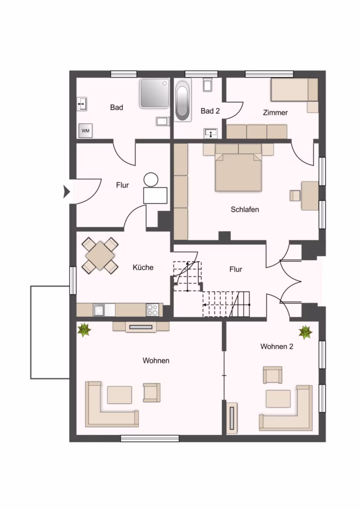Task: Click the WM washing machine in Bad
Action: tap(85, 131)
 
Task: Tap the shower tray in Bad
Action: tap(155, 93)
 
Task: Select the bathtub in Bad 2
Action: tap(183, 100)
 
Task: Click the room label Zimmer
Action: tap(275, 113)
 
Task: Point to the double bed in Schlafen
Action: tap(238, 167)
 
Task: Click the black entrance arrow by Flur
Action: tap(67, 192)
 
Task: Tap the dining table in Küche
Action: tap(100, 256)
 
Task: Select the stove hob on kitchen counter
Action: tap(152, 310)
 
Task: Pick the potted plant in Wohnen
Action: tap(84, 330)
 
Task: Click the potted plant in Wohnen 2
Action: tap(306, 333)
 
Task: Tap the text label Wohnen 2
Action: tap(277, 346)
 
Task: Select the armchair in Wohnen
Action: tap(152, 392)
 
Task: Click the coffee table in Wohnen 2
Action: tap(278, 399)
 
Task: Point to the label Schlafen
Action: tap(245, 209)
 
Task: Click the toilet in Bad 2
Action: tap(207, 84)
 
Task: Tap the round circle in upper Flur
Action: tap(151, 179)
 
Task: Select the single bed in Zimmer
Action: tap(294, 89)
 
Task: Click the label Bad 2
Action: tap(210, 111)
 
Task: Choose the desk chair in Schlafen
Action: tap(295, 196)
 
